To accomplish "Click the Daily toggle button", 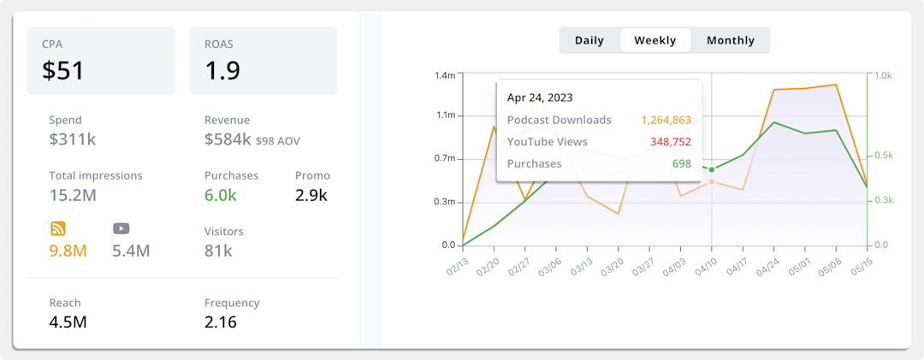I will point(589,40).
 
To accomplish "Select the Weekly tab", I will point(655,40).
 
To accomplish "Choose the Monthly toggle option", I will point(731,40).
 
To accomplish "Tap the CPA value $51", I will point(63,70).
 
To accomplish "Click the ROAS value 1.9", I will point(221,70).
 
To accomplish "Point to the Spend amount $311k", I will point(73,139).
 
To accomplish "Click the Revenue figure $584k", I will point(228,139).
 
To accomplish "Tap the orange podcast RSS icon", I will point(58,228).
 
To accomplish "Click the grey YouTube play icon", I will point(121,228).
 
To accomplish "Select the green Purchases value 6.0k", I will point(221,195).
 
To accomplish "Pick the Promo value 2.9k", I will point(311,195).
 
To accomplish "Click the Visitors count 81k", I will point(218,251).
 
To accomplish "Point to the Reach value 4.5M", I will point(68,322).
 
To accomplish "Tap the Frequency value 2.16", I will point(221,322).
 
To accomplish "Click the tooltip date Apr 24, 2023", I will point(540,97).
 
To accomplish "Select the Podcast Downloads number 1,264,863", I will point(666,120).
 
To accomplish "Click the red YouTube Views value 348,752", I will point(670,142).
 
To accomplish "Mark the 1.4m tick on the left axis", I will point(444,75).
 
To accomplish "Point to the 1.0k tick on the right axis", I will point(882,75).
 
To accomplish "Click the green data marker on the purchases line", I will point(712,169).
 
